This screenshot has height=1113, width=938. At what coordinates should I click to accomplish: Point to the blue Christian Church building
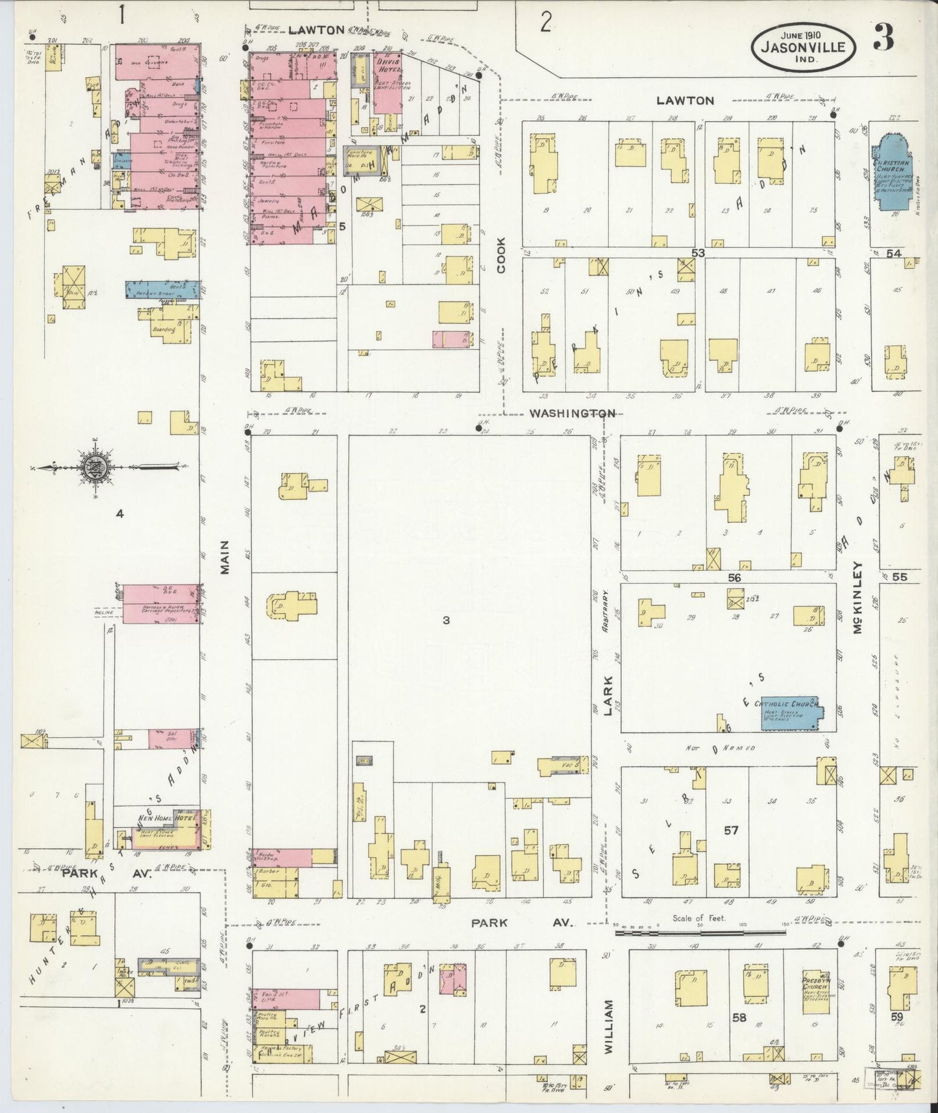(893, 174)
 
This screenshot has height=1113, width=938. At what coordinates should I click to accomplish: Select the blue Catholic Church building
(788, 713)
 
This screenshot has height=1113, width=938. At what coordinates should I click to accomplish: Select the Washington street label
(571, 413)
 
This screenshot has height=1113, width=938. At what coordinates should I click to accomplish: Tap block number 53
(698, 252)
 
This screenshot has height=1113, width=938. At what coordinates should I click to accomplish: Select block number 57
(731, 829)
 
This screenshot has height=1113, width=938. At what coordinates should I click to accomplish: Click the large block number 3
(446, 620)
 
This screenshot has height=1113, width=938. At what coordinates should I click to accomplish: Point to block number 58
(739, 1018)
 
